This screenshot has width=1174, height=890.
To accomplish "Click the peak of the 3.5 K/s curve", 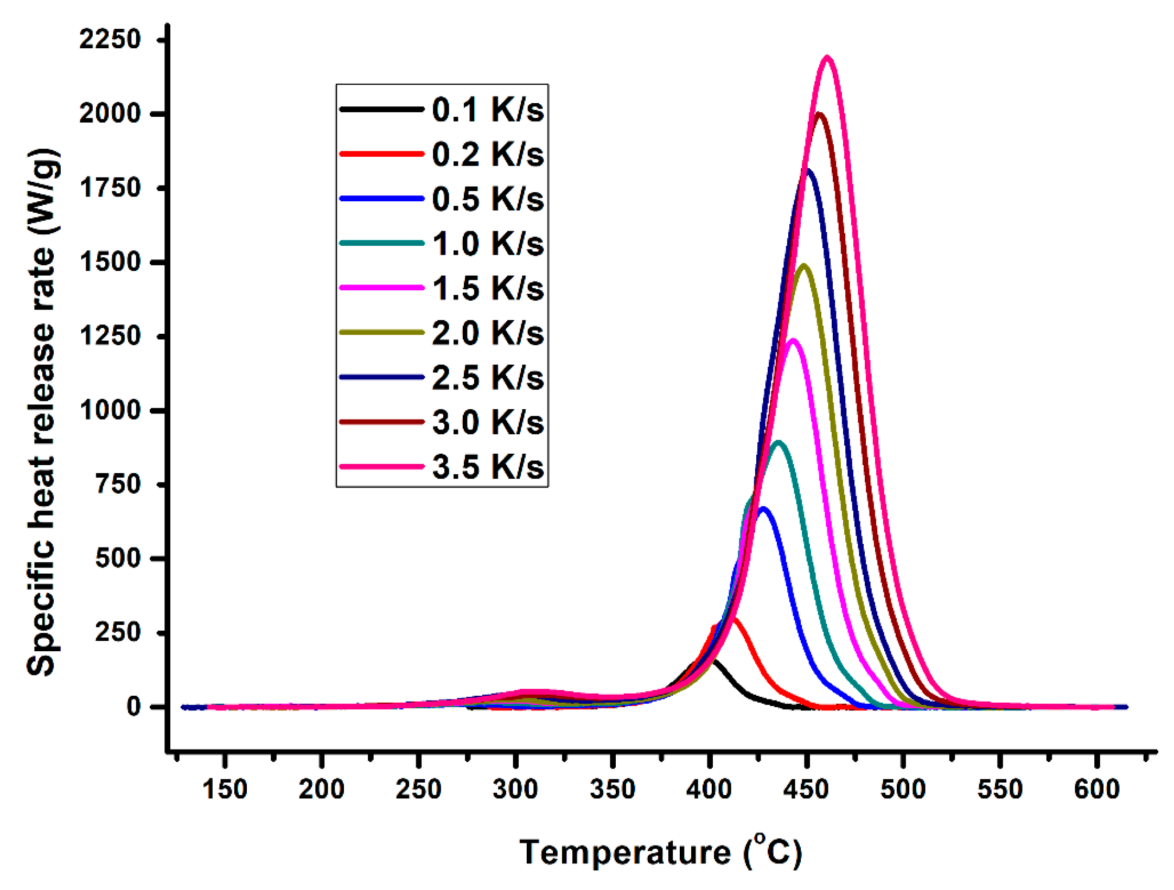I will (827, 58).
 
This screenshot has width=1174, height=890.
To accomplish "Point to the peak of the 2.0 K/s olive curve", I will (803, 266).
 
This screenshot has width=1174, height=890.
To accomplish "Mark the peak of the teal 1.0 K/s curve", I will (779, 443).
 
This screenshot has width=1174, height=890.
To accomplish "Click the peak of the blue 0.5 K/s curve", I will (763, 509).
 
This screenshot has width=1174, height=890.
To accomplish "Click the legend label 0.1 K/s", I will (487, 110).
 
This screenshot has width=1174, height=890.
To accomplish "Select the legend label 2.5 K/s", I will (487, 378).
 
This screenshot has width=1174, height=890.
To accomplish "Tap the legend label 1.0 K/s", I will (487, 244).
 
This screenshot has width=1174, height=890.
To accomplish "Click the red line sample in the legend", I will (381, 154).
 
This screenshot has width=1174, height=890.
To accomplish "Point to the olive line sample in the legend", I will (381, 333).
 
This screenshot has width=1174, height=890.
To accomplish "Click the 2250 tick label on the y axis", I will (110, 40).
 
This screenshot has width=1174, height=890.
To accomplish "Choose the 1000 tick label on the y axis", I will (110, 410).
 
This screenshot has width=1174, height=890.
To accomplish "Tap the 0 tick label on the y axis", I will (133, 707).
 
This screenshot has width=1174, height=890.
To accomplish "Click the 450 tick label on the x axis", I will (806, 789).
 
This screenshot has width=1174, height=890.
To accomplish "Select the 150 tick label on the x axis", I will (225, 789).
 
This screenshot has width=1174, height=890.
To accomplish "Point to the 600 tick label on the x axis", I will (1096, 789).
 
